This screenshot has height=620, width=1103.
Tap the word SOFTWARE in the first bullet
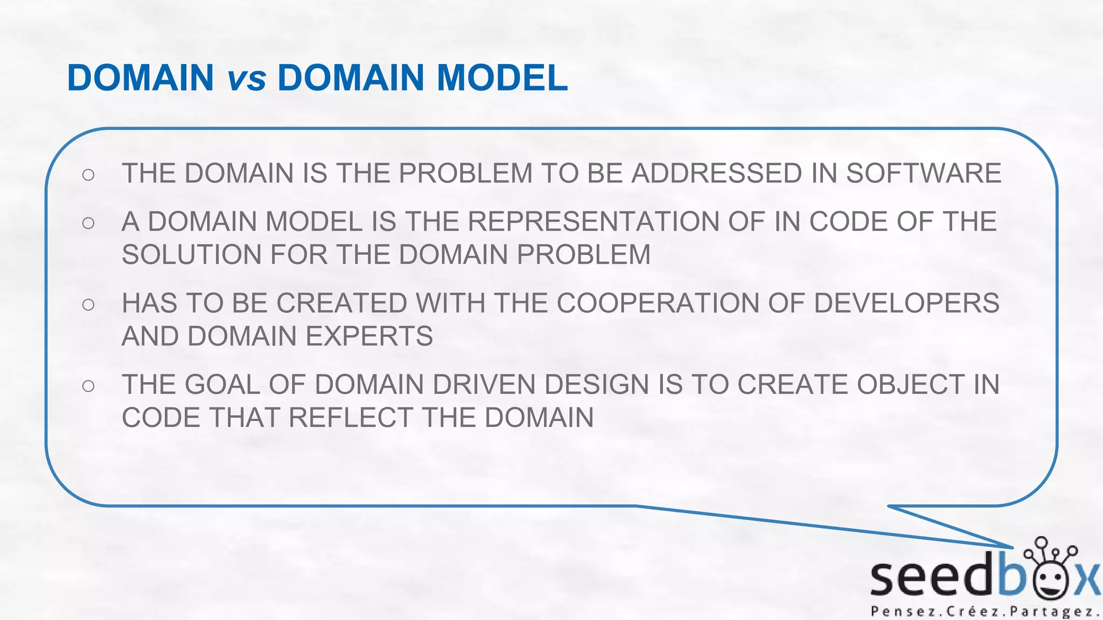pos(923,173)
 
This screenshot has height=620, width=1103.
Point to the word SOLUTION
pos(191,255)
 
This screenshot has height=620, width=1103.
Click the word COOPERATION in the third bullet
pos(657,303)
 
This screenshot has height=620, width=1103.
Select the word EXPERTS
pos(369,336)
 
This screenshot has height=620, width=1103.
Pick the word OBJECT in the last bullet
pos(910,385)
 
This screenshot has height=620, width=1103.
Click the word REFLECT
pos(351,418)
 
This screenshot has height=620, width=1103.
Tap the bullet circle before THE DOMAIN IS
pos(89,174)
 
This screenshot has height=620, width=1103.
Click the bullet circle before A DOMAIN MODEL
pos(89,223)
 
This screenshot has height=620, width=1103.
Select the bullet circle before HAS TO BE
pos(89,305)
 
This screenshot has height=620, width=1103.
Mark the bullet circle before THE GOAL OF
pos(89,386)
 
